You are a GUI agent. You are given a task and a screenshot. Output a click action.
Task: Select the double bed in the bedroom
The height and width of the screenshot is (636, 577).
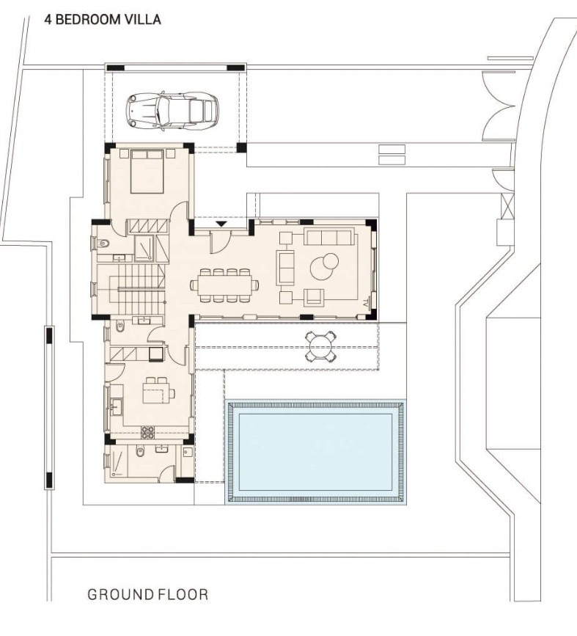pyautogui.click(x=149, y=171)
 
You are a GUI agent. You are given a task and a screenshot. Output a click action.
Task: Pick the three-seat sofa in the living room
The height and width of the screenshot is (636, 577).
pyautogui.click(x=328, y=237)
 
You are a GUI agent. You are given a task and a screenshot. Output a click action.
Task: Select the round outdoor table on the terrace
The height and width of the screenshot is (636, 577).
pyautogui.click(x=322, y=346)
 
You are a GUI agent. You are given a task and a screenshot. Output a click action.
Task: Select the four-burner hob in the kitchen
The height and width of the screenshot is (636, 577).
pyautogui.click(x=147, y=432)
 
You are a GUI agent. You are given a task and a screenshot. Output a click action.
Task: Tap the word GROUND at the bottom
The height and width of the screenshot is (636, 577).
pyautogui.click(x=120, y=594)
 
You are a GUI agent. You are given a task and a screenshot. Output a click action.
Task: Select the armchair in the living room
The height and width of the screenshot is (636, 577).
pyautogui.click(x=314, y=296)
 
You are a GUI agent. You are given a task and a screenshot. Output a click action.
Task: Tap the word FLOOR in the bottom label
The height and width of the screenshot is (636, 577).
pyautogui.click(x=183, y=594)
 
